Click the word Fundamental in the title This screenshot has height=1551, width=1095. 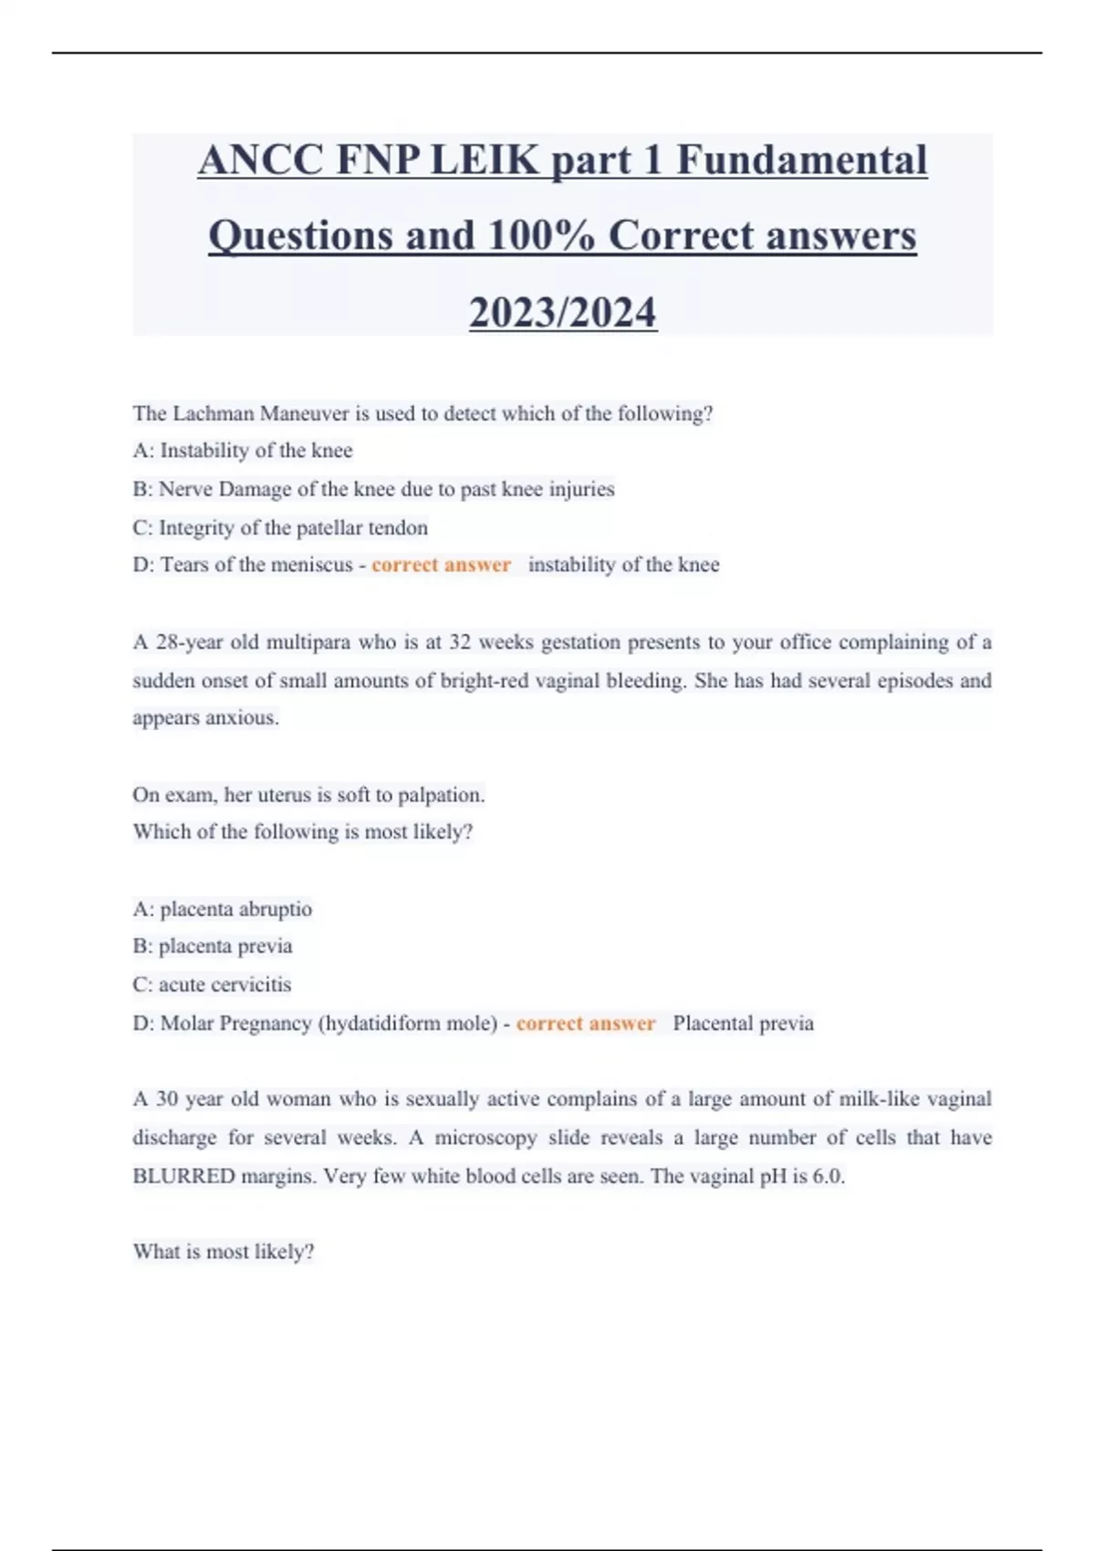tap(801, 161)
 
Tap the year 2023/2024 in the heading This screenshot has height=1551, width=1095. tap(562, 312)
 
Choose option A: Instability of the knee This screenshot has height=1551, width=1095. tap(243, 451)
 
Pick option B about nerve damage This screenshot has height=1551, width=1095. tap(373, 489)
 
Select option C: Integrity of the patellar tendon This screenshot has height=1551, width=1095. tap(280, 527)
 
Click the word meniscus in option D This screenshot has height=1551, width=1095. tap(307, 565)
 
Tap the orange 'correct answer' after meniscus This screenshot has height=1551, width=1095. tap(441, 565)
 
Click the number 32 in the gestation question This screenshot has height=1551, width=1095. tap(460, 642)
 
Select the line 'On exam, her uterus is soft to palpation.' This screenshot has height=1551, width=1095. tap(308, 795)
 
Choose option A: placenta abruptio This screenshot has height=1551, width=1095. tap(223, 909)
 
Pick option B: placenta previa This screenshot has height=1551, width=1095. tap(213, 946)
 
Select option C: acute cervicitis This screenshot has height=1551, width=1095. tap(212, 984)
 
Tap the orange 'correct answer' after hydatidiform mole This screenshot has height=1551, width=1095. tap(586, 1024)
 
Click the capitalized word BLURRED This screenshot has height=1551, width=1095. tap(183, 1176)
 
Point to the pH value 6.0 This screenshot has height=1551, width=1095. tap(828, 1176)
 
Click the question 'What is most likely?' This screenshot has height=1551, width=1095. tap(224, 1252)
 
